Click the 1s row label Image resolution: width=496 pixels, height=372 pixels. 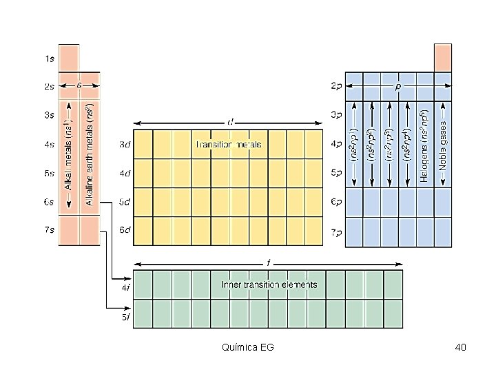point(50,59)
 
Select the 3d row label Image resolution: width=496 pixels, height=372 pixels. point(125,145)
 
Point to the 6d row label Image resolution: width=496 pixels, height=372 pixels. point(125,230)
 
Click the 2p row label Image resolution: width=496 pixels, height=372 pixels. point(336,87)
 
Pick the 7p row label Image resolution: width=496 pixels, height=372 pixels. point(336,232)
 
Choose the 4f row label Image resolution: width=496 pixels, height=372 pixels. point(125,288)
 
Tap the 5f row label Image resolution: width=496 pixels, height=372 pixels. point(125,317)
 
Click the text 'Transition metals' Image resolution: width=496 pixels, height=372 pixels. point(229,145)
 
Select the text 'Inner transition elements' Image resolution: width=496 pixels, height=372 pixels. point(269,284)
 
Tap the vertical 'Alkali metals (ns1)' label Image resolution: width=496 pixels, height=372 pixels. point(70,154)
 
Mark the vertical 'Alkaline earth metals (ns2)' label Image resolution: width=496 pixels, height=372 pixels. point(90,154)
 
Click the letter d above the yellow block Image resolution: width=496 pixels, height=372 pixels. point(230,122)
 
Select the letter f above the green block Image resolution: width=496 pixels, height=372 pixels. point(269,262)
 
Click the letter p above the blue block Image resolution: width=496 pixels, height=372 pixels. point(398,87)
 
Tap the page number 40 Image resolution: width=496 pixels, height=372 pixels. point(461,347)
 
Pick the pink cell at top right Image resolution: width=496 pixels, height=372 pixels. point(443,57)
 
